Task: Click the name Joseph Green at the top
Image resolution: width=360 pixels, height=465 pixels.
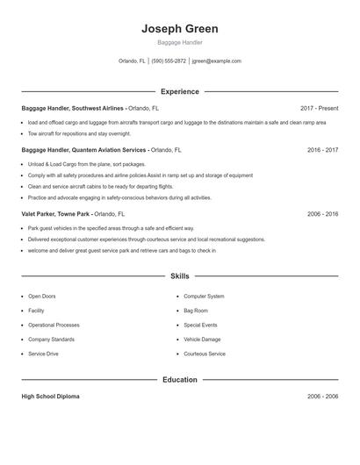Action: click(x=180, y=29)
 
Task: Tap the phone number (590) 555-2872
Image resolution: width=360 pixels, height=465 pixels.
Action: click(x=169, y=61)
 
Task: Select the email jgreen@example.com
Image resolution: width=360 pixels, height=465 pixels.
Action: click(x=216, y=61)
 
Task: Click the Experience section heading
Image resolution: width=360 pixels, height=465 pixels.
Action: click(x=180, y=91)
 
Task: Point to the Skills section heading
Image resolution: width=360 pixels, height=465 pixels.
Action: click(x=180, y=276)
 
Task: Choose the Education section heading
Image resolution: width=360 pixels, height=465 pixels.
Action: click(x=180, y=380)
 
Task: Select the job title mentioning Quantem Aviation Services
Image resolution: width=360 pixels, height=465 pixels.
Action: click(x=84, y=150)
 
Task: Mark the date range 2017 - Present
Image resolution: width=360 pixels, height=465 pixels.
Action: click(x=319, y=108)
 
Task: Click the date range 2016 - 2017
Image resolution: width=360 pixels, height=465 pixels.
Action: click(x=322, y=150)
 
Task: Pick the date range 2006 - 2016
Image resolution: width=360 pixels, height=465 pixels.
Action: click(x=322, y=213)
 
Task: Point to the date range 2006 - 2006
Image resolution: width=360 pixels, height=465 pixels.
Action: click(x=322, y=397)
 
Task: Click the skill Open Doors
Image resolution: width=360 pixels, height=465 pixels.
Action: click(x=41, y=297)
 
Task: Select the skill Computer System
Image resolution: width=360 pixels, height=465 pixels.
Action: click(x=204, y=297)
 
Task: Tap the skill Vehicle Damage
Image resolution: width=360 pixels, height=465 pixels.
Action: click(x=202, y=339)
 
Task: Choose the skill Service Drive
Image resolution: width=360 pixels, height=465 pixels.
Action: click(x=43, y=354)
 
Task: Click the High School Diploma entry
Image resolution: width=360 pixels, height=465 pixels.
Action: click(x=50, y=397)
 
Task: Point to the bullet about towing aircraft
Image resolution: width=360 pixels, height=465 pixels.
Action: click(x=79, y=134)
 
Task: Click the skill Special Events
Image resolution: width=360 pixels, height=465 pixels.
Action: click(x=200, y=325)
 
